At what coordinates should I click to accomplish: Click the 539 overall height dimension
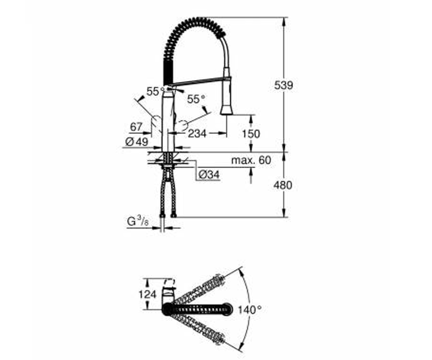pyautogui.click(x=283, y=85)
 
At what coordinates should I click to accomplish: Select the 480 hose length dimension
pyautogui.click(x=283, y=185)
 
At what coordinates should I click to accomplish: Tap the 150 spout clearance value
pyautogui.click(x=251, y=134)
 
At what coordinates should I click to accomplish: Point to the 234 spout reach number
pyautogui.click(x=197, y=134)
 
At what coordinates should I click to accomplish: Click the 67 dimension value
pyautogui.click(x=136, y=127)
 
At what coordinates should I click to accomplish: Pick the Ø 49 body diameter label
pyautogui.click(x=137, y=142)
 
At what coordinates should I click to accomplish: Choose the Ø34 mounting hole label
pyautogui.click(x=209, y=175)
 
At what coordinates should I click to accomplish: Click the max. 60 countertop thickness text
pyautogui.click(x=251, y=160)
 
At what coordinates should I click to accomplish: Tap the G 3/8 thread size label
pyautogui.click(x=138, y=222)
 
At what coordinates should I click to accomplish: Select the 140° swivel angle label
pyautogui.click(x=250, y=310)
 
